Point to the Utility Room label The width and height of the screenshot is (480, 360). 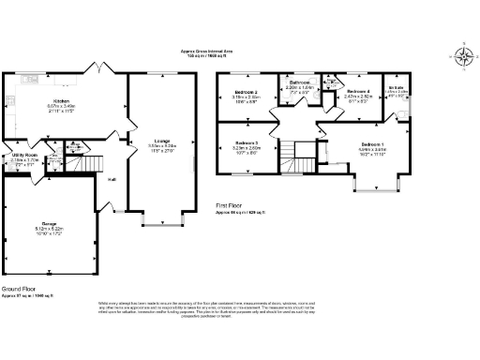coord(24,155)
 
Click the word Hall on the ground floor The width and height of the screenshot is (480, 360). coord(112,179)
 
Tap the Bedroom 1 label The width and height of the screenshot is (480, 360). coord(372,142)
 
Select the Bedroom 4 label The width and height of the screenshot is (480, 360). coord(358,90)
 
